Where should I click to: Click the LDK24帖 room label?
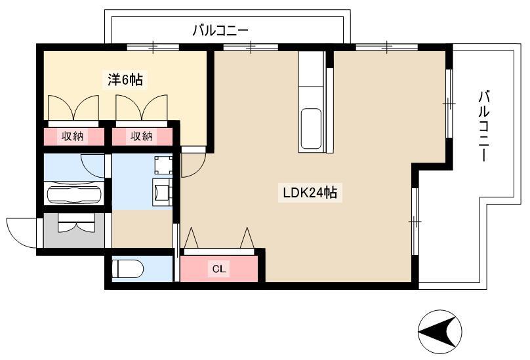(x=310, y=193)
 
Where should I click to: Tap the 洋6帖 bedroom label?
(x=125, y=80)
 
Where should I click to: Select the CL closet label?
(x=218, y=269)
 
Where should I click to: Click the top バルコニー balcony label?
(x=220, y=30)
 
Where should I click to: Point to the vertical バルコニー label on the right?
(x=484, y=125)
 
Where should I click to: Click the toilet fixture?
(x=128, y=269)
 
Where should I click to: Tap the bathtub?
(x=74, y=194)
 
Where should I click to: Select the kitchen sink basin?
(x=310, y=129)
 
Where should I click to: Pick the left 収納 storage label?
(x=72, y=136)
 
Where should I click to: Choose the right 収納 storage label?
(x=142, y=136)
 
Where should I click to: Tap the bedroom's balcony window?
(x=153, y=47)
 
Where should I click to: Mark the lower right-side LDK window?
(x=415, y=222)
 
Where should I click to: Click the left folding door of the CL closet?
(x=192, y=237)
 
